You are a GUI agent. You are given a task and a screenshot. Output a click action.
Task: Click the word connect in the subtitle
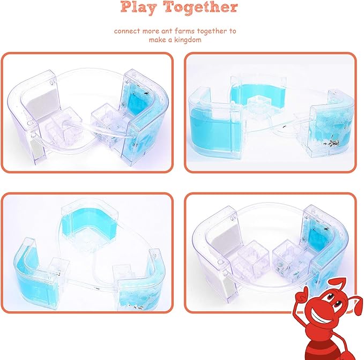127,31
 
